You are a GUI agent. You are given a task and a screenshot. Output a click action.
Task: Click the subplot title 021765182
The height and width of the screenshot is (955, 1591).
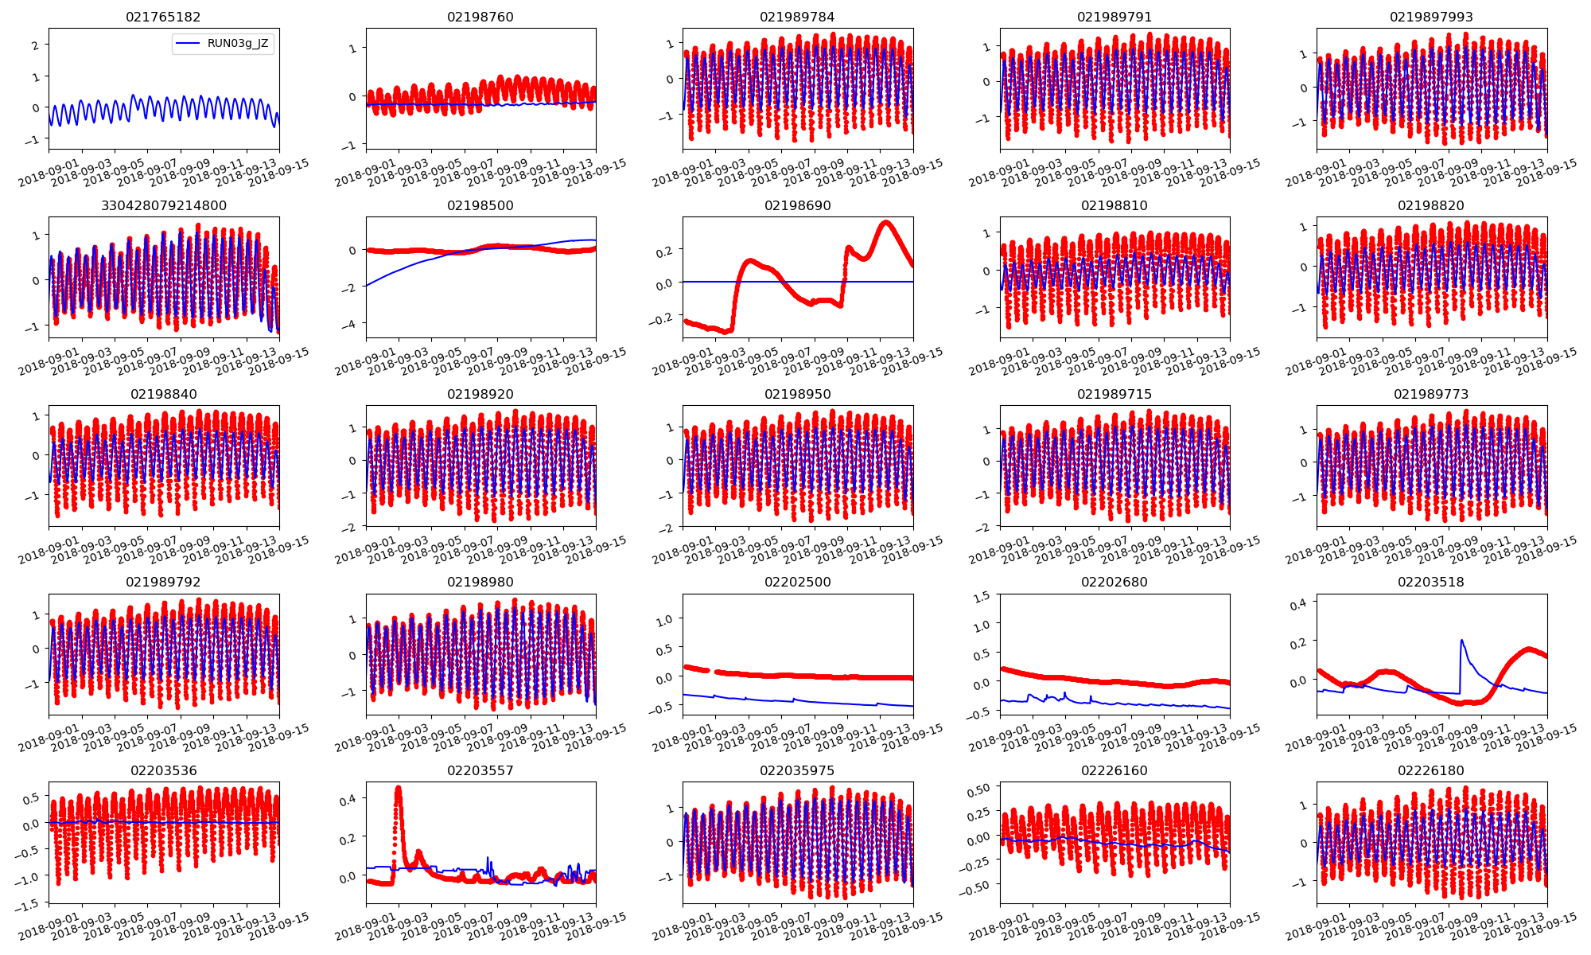(164, 17)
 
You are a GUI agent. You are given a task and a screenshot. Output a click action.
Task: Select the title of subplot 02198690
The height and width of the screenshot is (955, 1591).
(797, 205)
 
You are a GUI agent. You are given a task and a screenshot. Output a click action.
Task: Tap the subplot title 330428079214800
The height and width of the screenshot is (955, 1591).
(164, 205)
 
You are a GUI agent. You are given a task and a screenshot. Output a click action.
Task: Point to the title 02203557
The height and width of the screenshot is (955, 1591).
(480, 770)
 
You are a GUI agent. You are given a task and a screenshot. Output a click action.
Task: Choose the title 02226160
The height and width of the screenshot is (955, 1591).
(1114, 770)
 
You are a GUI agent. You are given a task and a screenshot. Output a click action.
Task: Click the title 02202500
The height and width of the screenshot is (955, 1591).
(797, 582)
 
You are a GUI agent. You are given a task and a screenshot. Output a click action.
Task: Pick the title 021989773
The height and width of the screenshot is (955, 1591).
(1431, 394)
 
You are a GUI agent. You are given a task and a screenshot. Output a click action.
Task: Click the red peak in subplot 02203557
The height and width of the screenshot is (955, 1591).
(398, 789)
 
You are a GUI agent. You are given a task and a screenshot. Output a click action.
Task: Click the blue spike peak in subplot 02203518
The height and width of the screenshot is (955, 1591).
(1462, 640)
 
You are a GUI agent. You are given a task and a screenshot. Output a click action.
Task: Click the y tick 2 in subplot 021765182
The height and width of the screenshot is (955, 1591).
(35, 45)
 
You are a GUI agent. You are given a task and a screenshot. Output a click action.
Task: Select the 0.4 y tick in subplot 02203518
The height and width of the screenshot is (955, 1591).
(1297, 604)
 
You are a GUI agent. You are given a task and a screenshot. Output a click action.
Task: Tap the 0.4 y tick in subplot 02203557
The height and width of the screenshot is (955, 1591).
(347, 798)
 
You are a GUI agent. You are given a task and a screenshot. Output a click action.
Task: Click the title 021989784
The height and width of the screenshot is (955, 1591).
(797, 17)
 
